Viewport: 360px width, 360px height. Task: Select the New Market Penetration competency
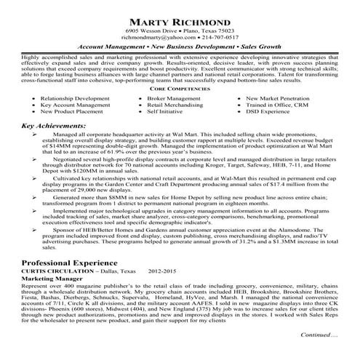[282, 97]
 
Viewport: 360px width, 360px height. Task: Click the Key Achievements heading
[52, 126]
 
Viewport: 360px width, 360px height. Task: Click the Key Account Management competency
[76, 105]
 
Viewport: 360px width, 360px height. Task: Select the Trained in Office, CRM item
[279, 105]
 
